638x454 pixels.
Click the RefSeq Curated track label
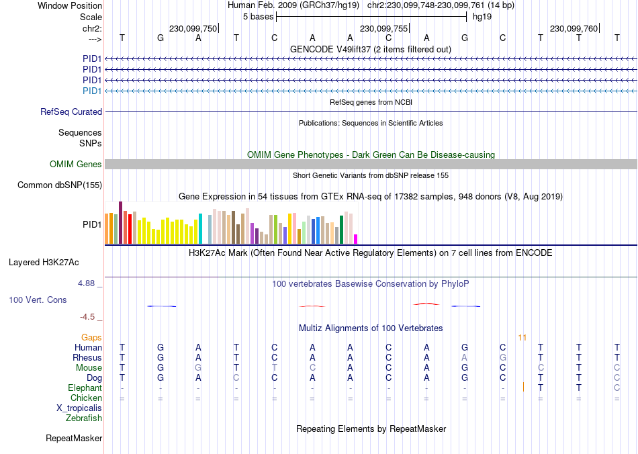pyautogui.click(x=71, y=112)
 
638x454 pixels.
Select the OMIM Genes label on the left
pyautogui.click(x=76, y=165)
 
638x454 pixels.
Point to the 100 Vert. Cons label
pyautogui.click(x=38, y=300)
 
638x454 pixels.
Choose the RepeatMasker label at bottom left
pyautogui.click(x=74, y=439)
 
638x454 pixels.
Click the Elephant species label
pyautogui.click(x=85, y=388)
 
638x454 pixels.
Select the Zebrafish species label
pyautogui.click(x=84, y=418)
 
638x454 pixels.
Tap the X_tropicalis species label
pyautogui.click(x=79, y=408)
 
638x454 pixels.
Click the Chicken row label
pyautogui.click(x=86, y=398)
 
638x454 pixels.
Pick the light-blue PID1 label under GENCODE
pyautogui.click(x=92, y=91)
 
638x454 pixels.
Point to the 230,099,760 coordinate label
pyautogui.click(x=574, y=29)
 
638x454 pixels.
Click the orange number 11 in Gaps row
pyautogui.click(x=522, y=337)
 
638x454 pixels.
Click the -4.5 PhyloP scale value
pyautogui.click(x=89, y=317)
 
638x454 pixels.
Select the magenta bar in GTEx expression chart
pyautogui.click(x=356, y=239)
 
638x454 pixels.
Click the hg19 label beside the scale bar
pyautogui.click(x=482, y=16)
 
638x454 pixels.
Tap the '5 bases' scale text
pyautogui.click(x=258, y=16)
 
